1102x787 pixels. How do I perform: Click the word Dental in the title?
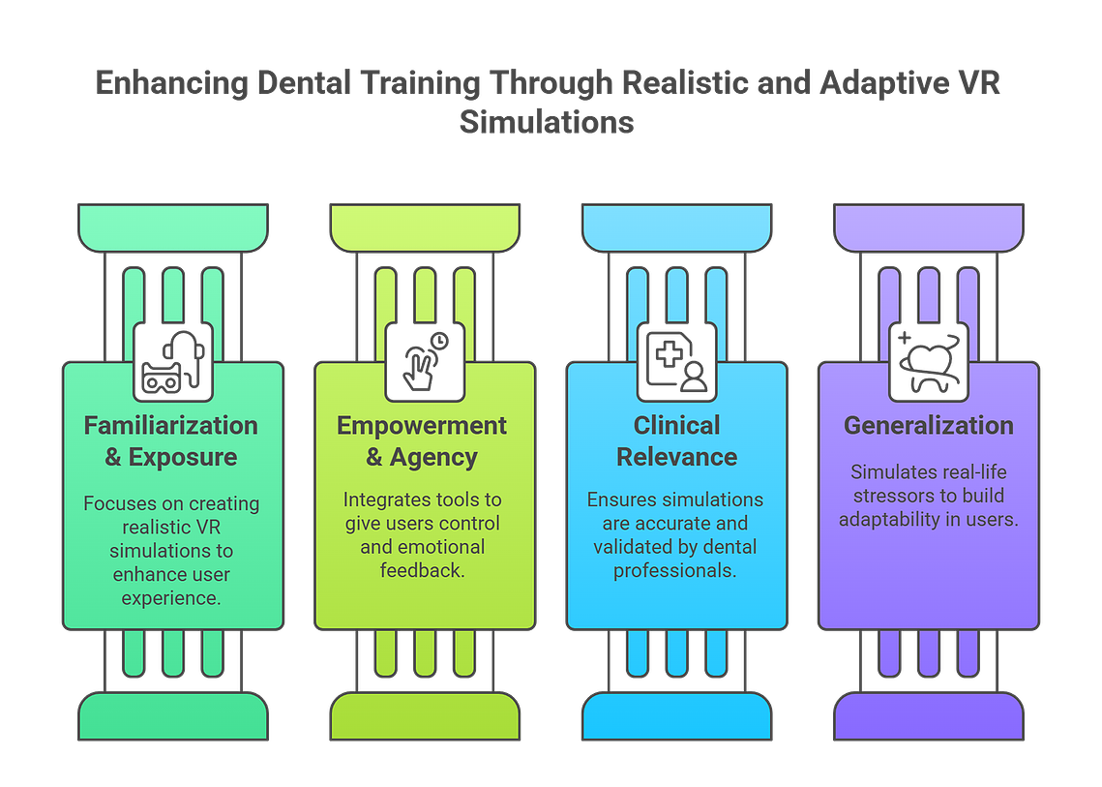[x=304, y=83]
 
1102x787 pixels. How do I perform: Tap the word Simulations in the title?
[x=547, y=122]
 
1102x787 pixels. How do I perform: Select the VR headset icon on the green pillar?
[x=173, y=361]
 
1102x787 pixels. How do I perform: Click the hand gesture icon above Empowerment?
[x=425, y=361]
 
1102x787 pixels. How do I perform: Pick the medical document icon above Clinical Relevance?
[x=676, y=361]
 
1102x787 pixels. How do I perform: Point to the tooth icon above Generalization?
[x=929, y=361]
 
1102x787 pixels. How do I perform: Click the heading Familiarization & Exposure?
[x=171, y=441]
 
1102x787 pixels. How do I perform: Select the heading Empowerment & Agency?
[x=422, y=441]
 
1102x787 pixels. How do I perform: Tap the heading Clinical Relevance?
[x=677, y=441]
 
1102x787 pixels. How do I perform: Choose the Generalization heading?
[x=929, y=426]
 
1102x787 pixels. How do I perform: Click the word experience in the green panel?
[x=171, y=598]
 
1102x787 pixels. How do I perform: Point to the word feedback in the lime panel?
[x=423, y=569]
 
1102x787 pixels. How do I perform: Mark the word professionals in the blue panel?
[x=674, y=570]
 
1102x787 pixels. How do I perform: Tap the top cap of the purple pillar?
[x=929, y=227]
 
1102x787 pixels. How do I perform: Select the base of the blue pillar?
[x=677, y=716]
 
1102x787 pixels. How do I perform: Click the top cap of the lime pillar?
[x=425, y=227]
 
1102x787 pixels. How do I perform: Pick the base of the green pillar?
[x=173, y=716]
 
